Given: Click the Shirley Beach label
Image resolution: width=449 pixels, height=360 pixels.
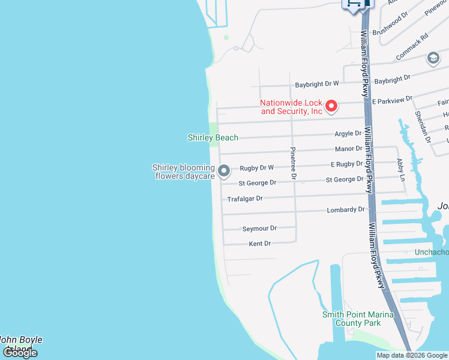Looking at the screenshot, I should click(212, 138).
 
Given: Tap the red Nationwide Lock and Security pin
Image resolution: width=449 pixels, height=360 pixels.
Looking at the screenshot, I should click(331, 107).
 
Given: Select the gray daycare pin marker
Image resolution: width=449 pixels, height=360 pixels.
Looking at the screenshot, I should click(224, 172).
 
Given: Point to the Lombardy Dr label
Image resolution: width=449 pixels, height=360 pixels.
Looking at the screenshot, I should click(346, 210).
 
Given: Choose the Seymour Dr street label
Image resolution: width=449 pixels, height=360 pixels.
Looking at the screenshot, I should click(259, 229).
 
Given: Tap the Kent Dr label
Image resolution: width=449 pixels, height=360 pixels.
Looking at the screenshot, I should click(260, 244).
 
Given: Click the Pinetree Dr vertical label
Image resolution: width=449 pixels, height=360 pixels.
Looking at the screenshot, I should click(293, 164).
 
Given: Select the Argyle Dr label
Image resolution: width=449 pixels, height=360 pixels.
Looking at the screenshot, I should click(348, 133).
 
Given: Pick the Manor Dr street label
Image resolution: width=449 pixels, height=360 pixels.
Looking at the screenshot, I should click(349, 148).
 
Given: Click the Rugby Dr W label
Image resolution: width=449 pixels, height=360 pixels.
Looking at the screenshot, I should click(256, 168).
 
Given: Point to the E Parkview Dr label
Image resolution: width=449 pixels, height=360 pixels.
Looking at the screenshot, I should click(393, 100).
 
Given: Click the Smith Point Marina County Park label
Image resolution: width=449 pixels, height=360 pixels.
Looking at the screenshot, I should click(358, 319).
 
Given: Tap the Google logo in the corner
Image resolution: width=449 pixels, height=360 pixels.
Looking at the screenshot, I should click(19, 352).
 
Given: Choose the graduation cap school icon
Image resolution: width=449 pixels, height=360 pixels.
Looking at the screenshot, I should click(432, 58).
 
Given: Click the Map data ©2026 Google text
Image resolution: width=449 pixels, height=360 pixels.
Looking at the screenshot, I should click(412, 355).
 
